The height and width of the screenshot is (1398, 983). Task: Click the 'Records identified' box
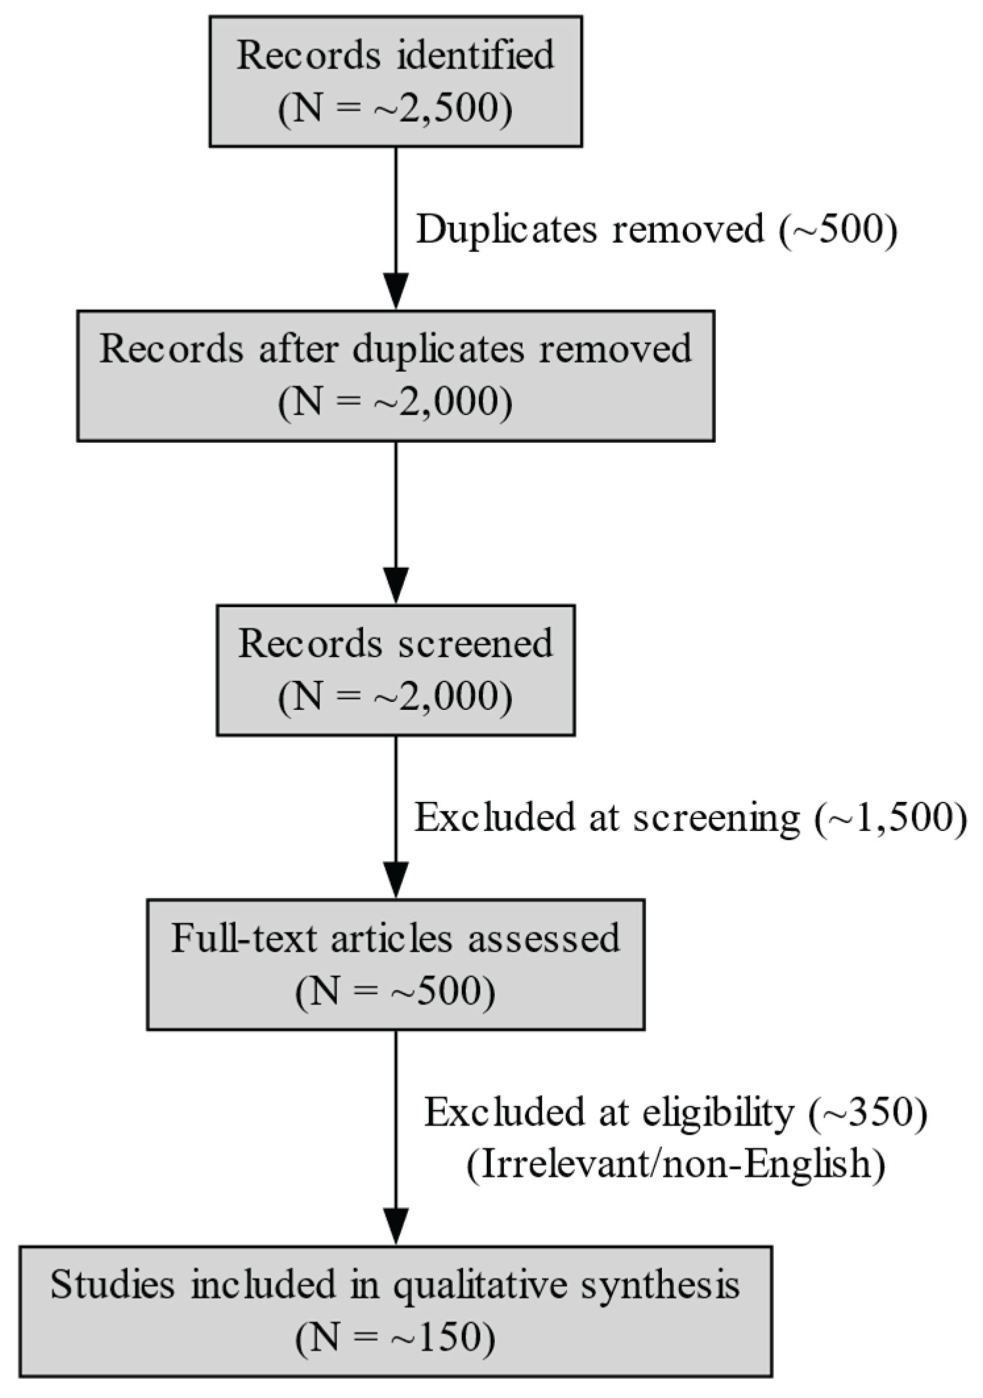pos(395,81)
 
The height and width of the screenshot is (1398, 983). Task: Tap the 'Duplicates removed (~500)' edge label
pos(656,230)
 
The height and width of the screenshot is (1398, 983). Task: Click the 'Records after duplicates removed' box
pos(395,376)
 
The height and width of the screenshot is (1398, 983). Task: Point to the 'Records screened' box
pos(395,670)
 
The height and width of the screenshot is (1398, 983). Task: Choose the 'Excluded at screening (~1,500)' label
pos(690,818)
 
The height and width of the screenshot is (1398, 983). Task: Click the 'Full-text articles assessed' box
pos(395,964)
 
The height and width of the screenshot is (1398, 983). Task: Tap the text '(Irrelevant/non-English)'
pos(676,1164)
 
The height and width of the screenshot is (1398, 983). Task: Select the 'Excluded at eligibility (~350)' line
pos(676,1112)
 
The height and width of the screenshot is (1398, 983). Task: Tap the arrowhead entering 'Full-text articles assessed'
pos(395,880)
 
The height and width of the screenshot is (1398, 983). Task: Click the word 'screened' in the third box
pos(475,643)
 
